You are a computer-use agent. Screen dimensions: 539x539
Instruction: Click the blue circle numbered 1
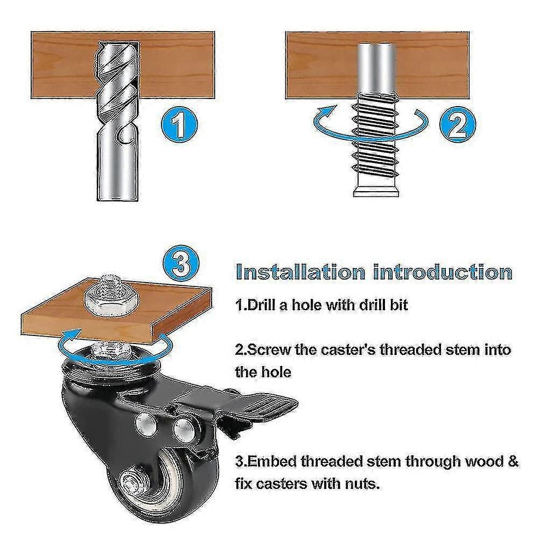point(179,123)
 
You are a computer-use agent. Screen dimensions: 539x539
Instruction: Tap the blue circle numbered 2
point(458,123)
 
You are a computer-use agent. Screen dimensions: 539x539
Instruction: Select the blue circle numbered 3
point(180,264)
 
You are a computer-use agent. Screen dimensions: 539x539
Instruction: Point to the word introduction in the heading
point(443,272)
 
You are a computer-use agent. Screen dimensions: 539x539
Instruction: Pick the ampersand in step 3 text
point(513,461)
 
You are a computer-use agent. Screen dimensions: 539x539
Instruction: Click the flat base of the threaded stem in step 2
point(376,190)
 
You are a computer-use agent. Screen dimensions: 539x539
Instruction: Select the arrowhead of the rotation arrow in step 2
point(326,112)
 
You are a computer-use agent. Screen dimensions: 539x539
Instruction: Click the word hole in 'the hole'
point(276,372)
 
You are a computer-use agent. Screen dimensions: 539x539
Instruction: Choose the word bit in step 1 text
point(398,305)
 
